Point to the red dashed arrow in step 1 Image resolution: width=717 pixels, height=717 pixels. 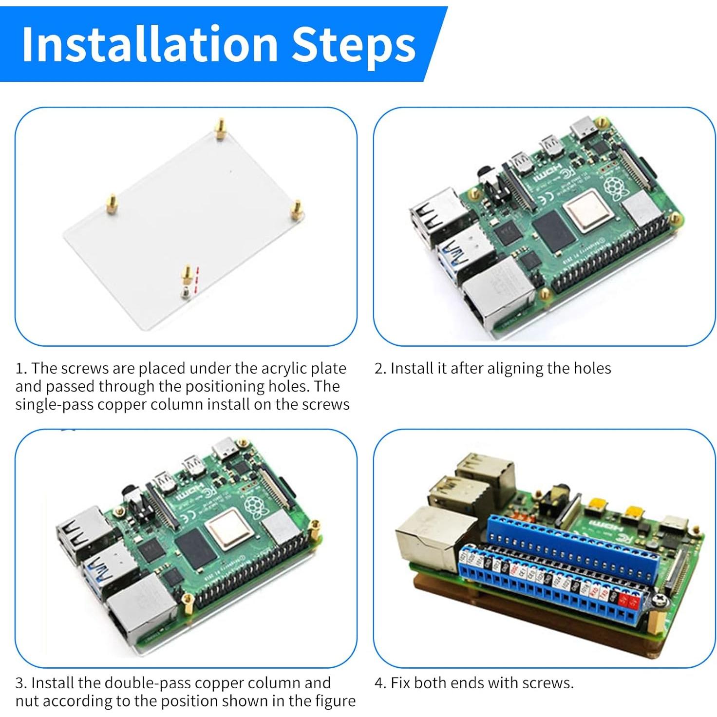[x=197, y=280]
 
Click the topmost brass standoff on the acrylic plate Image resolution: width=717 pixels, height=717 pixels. [x=221, y=129]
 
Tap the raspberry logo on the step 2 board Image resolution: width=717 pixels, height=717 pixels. [x=614, y=188]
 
